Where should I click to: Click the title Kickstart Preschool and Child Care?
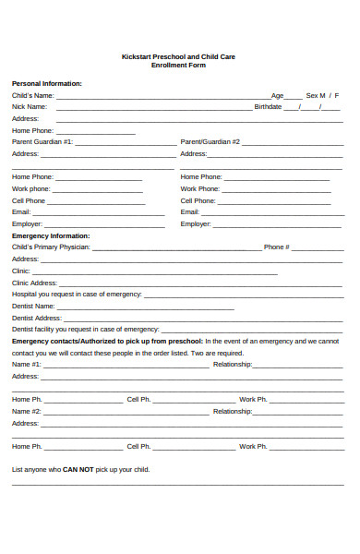point(179,56)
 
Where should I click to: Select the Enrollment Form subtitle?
point(179,66)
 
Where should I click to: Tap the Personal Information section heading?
point(46,83)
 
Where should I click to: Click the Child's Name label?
point(32,95)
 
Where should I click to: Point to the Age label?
point(277,95)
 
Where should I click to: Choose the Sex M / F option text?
point(322,95)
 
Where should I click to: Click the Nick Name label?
point(30,107)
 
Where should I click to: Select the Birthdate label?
point(268,107)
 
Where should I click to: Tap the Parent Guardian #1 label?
point(42,142)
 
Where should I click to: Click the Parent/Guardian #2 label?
point(210,142)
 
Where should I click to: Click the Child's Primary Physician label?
point(51,247)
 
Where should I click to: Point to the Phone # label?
point(277,247)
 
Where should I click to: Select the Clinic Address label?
point(34,283)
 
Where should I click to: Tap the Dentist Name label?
point(33,306)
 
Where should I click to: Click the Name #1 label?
point(27,364)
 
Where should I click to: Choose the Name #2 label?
point(27,411)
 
